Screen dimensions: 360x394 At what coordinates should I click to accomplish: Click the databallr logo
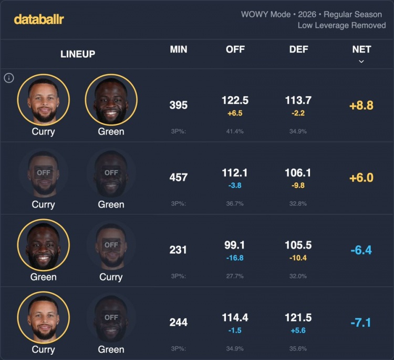[x=39, y=19]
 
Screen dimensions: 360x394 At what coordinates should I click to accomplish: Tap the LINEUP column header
[x=78, y=54]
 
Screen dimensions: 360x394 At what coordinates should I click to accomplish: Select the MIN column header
[x=179, y=49]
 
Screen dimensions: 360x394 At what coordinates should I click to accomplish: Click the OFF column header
[x=235, y=49]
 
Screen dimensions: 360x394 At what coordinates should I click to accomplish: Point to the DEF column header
[x=299, y=49]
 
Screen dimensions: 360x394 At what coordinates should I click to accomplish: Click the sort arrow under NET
[x=361, y=61]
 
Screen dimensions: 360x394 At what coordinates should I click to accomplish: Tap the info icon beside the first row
[x=8, y=78]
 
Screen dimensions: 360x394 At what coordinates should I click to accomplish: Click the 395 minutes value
[x=179, y=105]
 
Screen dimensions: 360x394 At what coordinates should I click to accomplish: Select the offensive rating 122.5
[x=235, y=100]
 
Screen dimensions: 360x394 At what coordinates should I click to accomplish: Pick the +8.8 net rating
[x=361, y=105]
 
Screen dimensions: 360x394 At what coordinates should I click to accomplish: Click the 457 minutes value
[x=179, y=178]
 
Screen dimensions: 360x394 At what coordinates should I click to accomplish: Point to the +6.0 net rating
[x=361, y=178]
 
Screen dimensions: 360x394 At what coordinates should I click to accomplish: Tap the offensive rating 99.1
[x=235, y=245]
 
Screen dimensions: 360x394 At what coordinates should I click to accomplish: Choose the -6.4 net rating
[x=361, y=250]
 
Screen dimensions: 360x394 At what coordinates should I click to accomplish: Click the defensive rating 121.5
[x=299, y=318]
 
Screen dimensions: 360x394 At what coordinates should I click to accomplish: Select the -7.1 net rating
[x=361, y=322]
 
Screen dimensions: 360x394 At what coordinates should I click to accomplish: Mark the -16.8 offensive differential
[x=235, y=258]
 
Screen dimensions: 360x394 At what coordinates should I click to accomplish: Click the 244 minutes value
[x=179, y=322]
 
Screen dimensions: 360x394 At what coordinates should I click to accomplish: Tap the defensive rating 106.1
[x=299, y=173]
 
